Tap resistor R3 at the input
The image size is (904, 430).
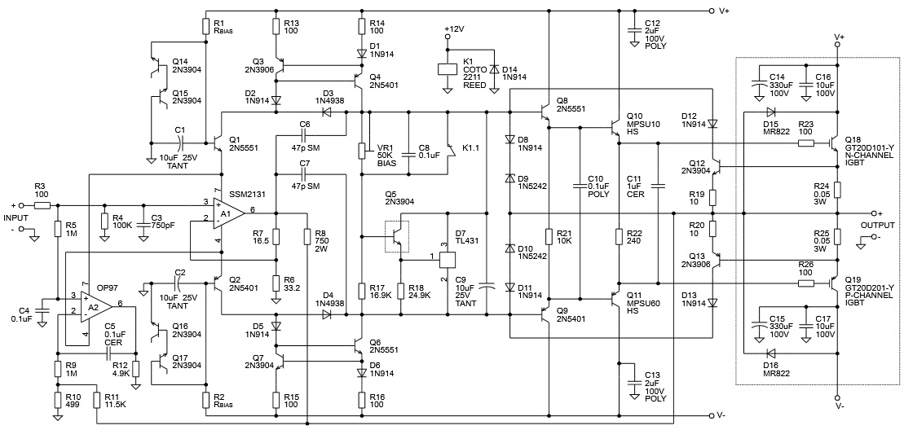coord(42,205)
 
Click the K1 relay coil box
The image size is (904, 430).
coord(447,68)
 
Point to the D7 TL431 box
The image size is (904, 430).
coord(448,260)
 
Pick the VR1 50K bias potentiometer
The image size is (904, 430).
coord(363,151)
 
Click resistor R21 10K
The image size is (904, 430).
coord(549,237)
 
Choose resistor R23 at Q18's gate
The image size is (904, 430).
coord(806,143)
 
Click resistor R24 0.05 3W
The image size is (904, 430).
coord(837,190)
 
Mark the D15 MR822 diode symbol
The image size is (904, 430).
coord(770,112)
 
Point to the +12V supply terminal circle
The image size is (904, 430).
coord(446,37)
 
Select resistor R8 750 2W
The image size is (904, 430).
coord(308,237)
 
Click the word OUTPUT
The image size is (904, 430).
coord(877,225)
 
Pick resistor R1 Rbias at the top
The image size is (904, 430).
coord(205,27)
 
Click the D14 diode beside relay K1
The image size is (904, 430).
coord(493,69)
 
